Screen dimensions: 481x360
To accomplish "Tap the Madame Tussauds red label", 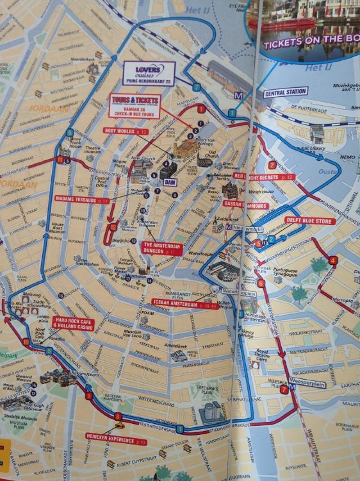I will (82, 198).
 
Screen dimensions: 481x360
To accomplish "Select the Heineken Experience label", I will (116, 436).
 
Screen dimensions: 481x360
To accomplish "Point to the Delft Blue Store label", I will (310, 221).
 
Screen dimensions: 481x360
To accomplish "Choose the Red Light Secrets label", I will (264, 177).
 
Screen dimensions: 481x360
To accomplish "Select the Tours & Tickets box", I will (135, 106).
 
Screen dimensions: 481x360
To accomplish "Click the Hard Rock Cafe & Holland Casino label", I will (73, 323).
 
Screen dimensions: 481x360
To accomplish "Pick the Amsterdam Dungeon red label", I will (162, 248).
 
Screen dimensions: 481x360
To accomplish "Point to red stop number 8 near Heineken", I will (118, 416).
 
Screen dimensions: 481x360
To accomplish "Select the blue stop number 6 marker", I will (69, 132).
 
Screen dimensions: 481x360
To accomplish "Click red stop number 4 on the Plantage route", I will (333, 260).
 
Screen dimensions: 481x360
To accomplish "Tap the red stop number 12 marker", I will (113, 228).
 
